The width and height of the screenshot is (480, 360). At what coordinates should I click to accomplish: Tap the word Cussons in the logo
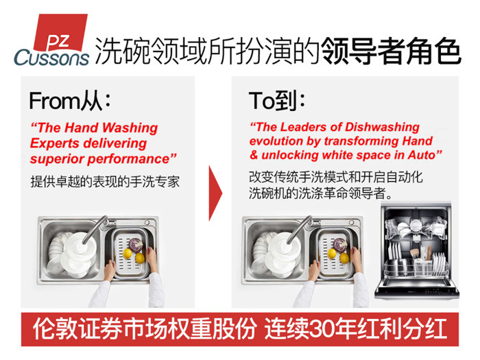click(51, 58)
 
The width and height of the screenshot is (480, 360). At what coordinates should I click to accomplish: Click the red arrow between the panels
click(215, 193)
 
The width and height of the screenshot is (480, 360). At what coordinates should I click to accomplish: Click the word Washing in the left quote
click(130, 128)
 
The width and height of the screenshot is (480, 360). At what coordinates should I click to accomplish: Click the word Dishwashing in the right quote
click(382, 128)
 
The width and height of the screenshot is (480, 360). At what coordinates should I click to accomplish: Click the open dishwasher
click(417, 252)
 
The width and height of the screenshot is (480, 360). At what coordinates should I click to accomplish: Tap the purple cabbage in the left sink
click(135, 245)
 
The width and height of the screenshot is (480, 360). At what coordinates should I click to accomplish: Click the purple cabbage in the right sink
click(340, 245)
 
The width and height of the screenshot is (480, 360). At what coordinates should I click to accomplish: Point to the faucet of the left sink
click(95, 229)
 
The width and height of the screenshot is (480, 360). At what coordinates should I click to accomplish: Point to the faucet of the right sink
click(300, 229)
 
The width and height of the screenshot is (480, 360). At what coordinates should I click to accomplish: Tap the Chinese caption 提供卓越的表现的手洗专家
click(105, 182)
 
